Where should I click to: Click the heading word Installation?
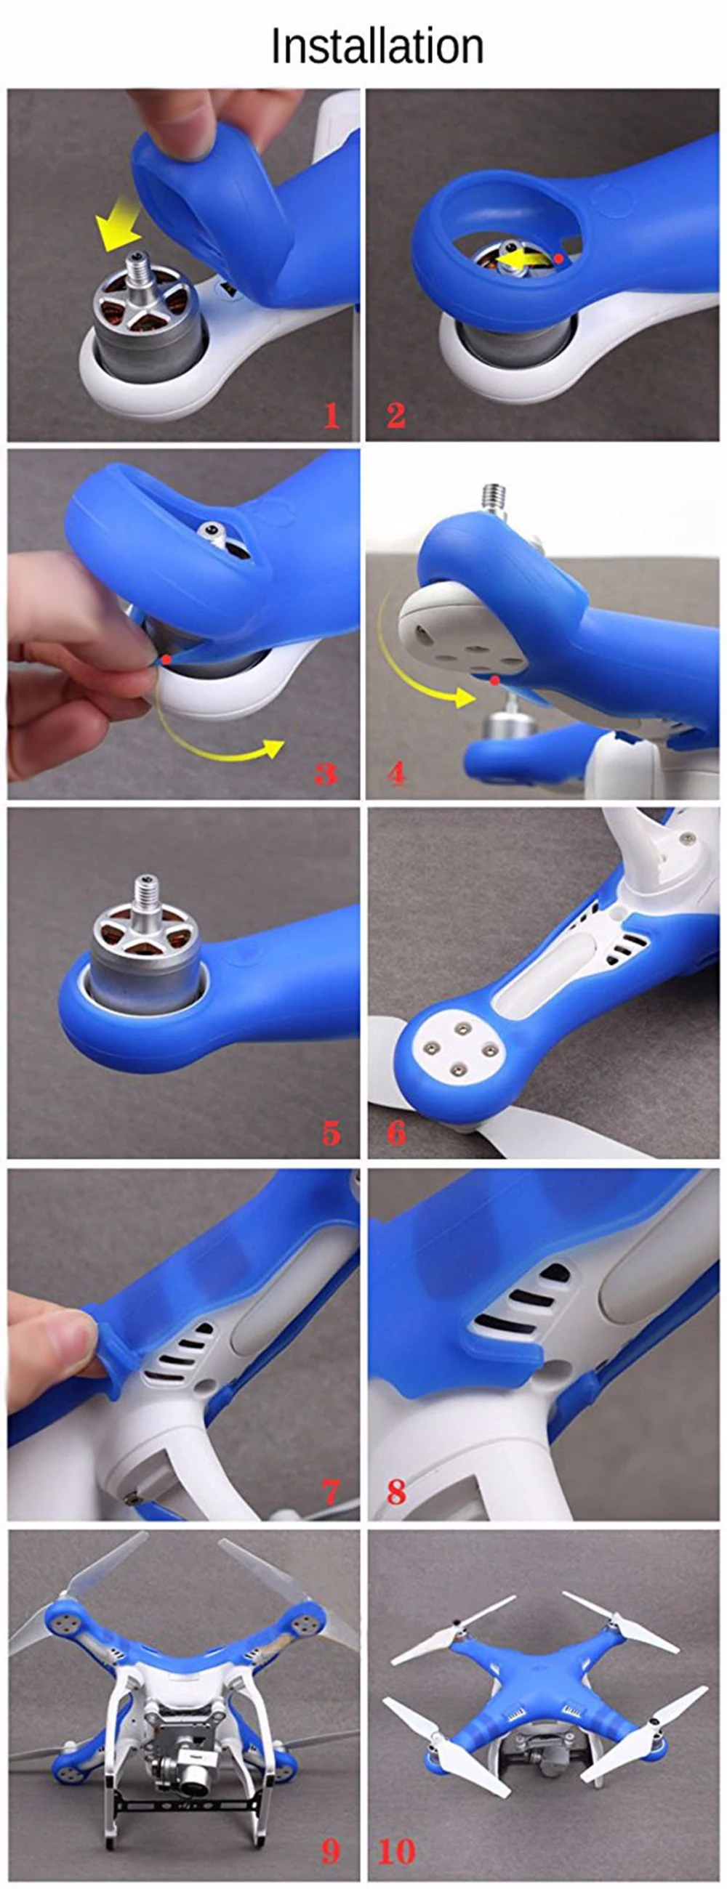pyautogui.click(x=377, y=46)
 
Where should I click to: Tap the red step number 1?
pyautogui.click(x=332, y=416)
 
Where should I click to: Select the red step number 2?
pyautogui.click(x=396, y=416)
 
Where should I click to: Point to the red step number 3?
pyautogui.click(x=326, y=774)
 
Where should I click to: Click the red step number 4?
pyautogui.click(x=396, y=774)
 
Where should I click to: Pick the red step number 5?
pyautogui.click(x=332, y=1133)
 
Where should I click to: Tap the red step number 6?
pyautogui.click(x=396, y=1133)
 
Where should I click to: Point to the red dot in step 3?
pyautogui.click(x=166, y=659)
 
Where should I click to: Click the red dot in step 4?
pyautogui.click(x=495, y=681)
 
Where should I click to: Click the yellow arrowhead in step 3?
pyautogui.click(x=272, y=749)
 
